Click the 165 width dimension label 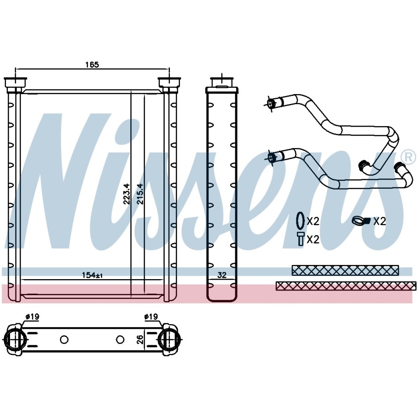(x=92, y=65)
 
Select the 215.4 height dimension (x=140, y=194)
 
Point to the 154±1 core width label (x=92, y=275)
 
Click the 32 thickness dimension (x=222, y=275)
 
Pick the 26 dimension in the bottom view (x=140, y=339)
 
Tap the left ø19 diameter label (x=32, y=317)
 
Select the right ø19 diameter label (x=151, y=317)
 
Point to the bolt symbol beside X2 (x=301, y=238)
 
